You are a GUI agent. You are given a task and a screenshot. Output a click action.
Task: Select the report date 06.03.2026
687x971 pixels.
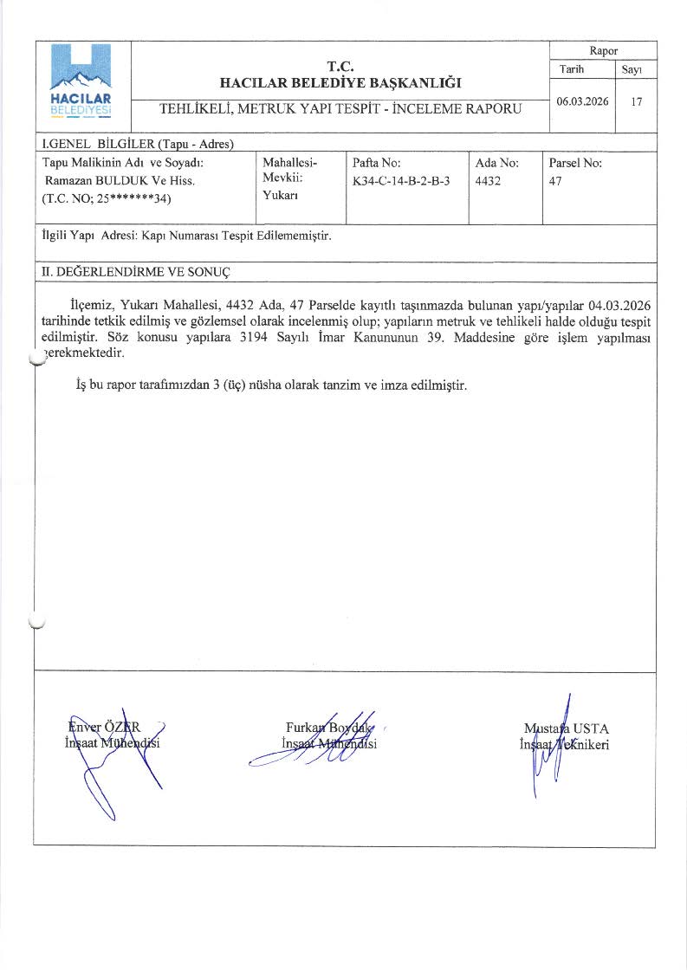pos(582,101)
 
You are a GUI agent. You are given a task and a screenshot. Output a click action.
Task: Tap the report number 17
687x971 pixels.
pos(637,101)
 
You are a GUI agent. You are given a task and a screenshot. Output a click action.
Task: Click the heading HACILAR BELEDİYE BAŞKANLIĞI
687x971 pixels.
pos(340,83)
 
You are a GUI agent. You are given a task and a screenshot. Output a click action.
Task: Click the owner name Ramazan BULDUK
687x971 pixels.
pos(97,181)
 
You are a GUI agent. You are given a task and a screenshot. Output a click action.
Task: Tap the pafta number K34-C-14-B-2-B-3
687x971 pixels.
pos(402,181)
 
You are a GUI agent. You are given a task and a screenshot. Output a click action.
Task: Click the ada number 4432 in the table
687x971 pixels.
pos(488,181)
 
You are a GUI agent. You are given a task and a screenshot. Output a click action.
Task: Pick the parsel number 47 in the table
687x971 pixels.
pos(554,181)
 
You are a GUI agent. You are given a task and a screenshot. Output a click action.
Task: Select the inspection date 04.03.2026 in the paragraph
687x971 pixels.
pos(619,306)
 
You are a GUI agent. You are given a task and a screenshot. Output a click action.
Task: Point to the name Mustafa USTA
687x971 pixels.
pos(567,728)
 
